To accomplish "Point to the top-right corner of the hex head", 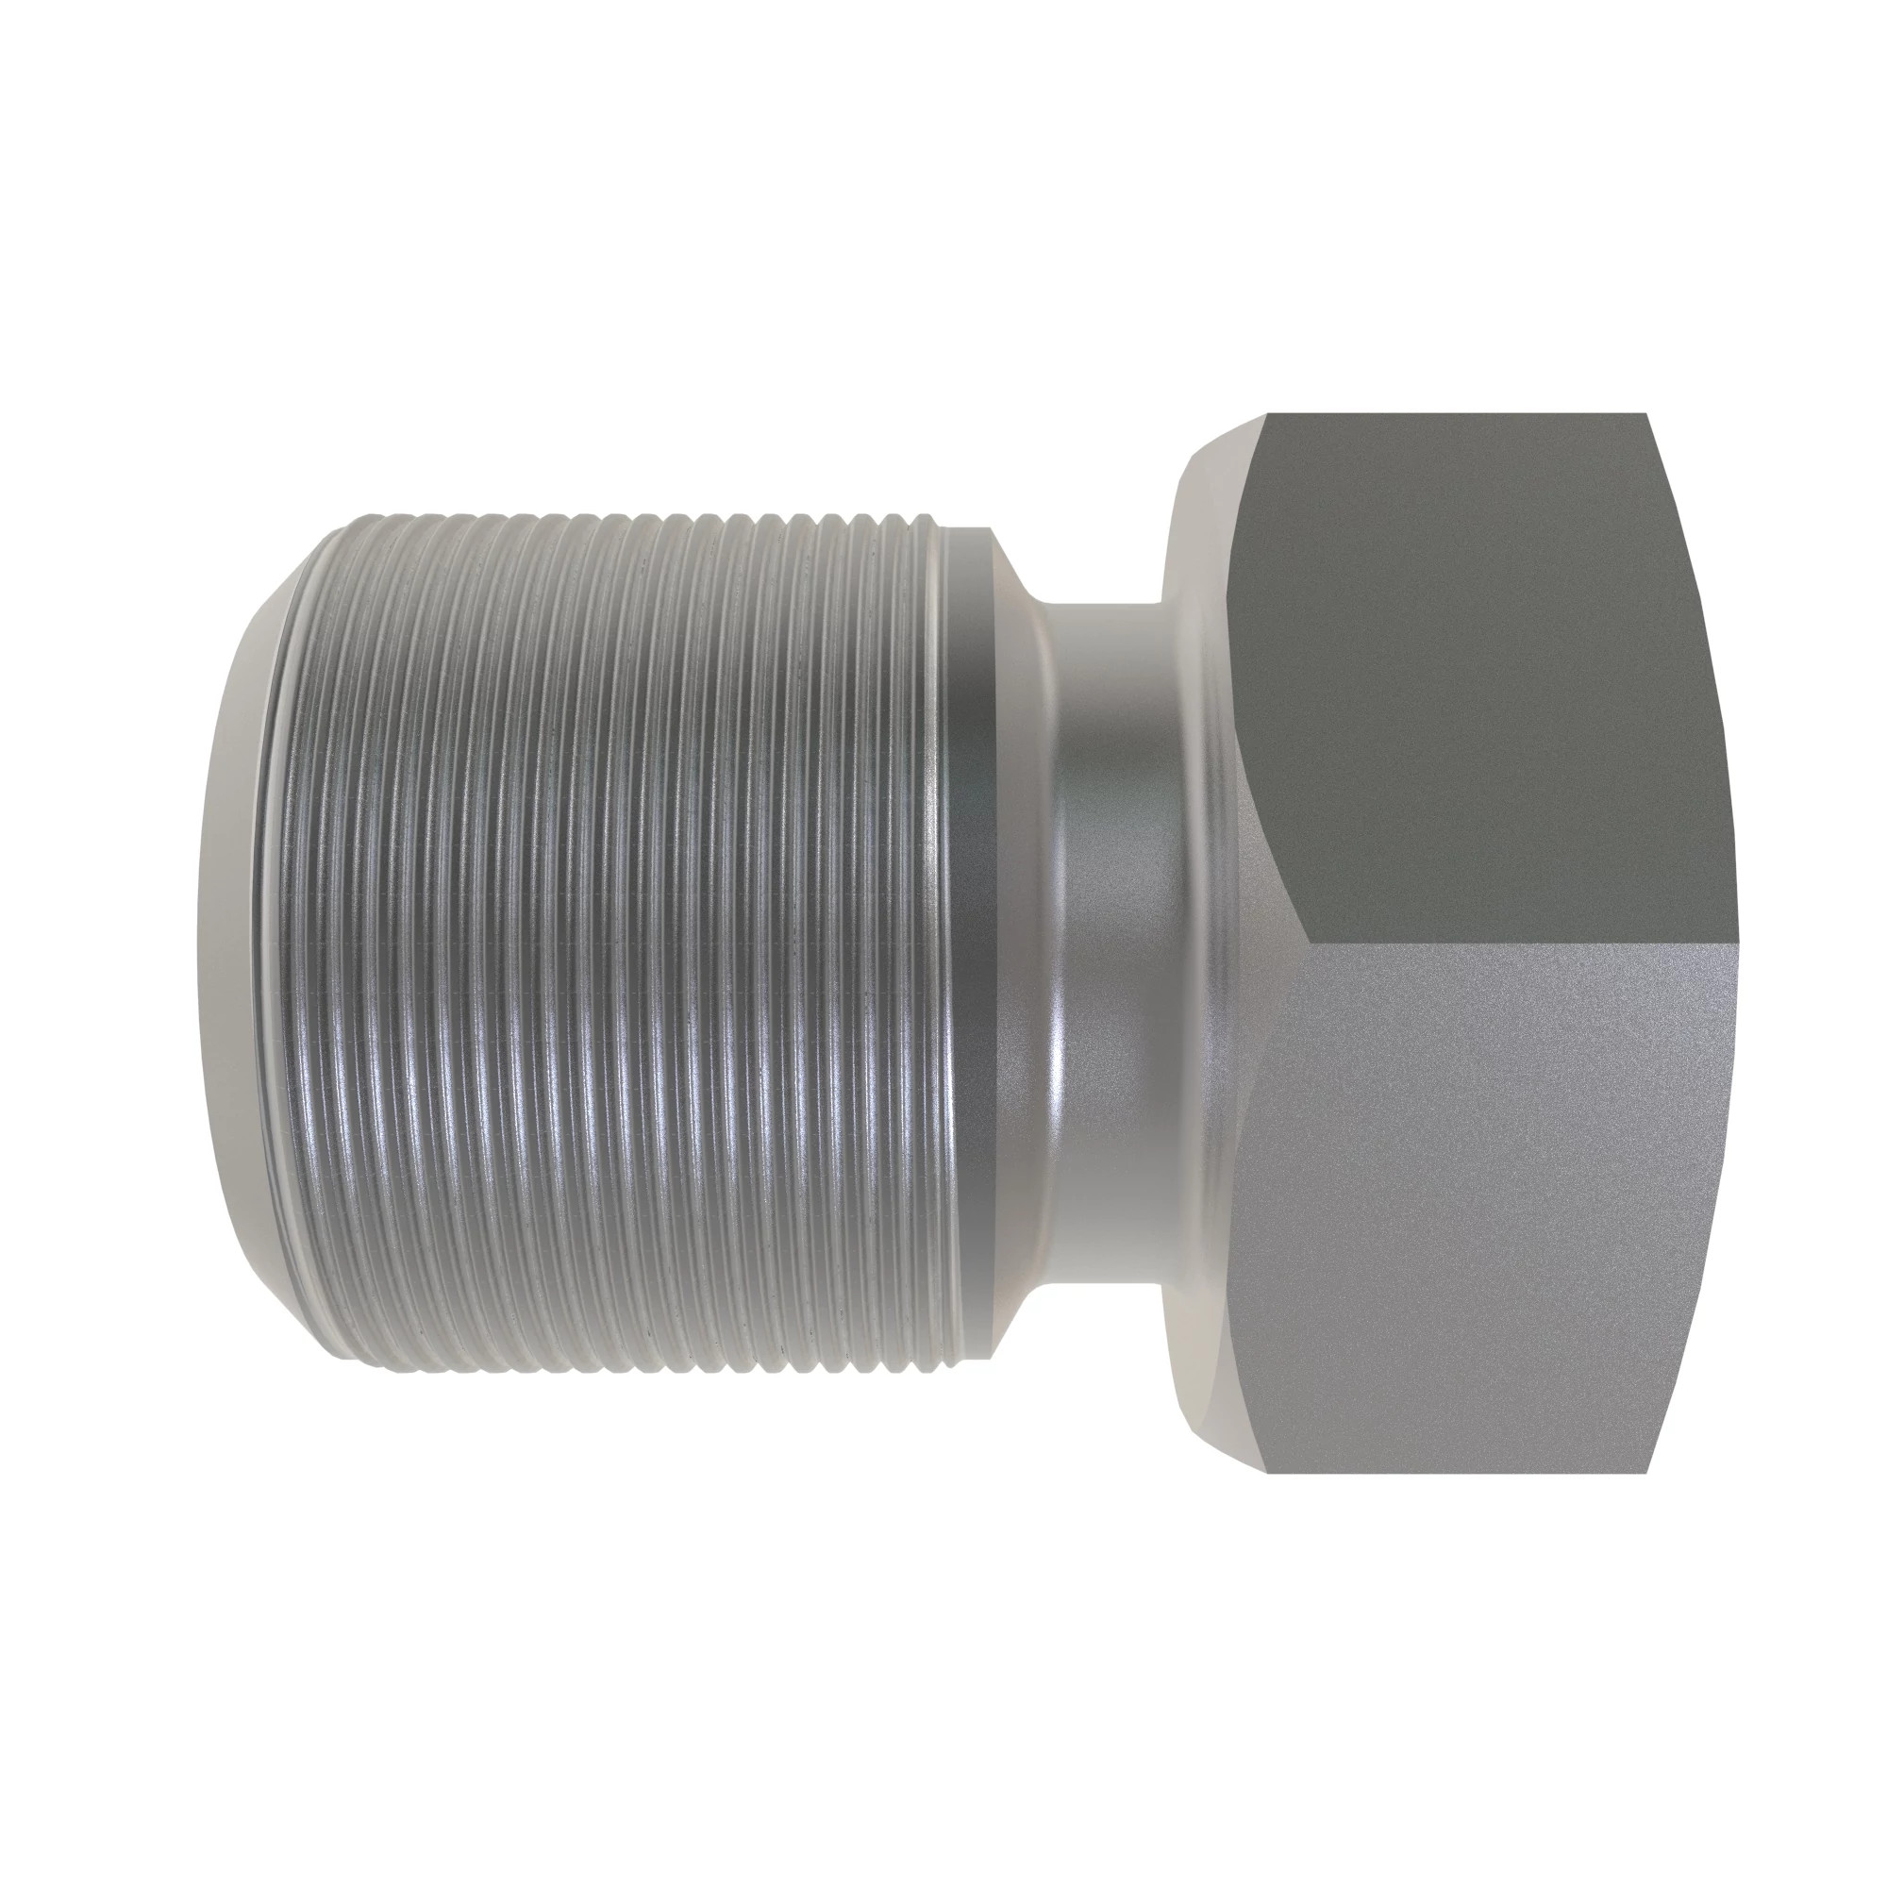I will tap(1647, 414).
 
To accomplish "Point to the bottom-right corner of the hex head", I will tap(1647, 1472).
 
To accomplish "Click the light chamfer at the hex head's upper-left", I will tap(1211, 489).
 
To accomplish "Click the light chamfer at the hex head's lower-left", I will tap(1211, 1396).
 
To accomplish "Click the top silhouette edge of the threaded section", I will tap(606, 515).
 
